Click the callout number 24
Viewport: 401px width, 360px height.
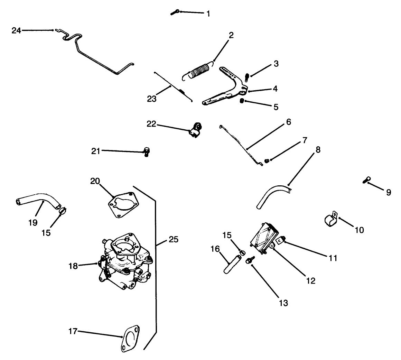click(x=16, y=30)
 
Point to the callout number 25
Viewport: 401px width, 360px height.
click(x=174, y=239)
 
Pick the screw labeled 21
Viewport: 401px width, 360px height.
click(x=147, y=151)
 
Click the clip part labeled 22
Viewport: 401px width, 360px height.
click(x=195, y=130)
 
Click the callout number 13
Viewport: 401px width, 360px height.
click(x=283, y=303)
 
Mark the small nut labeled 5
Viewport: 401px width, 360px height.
click(x=242, y=101)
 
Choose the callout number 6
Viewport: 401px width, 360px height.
click(x=288, y=122)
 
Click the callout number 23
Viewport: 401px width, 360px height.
click(x=151, y=99)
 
